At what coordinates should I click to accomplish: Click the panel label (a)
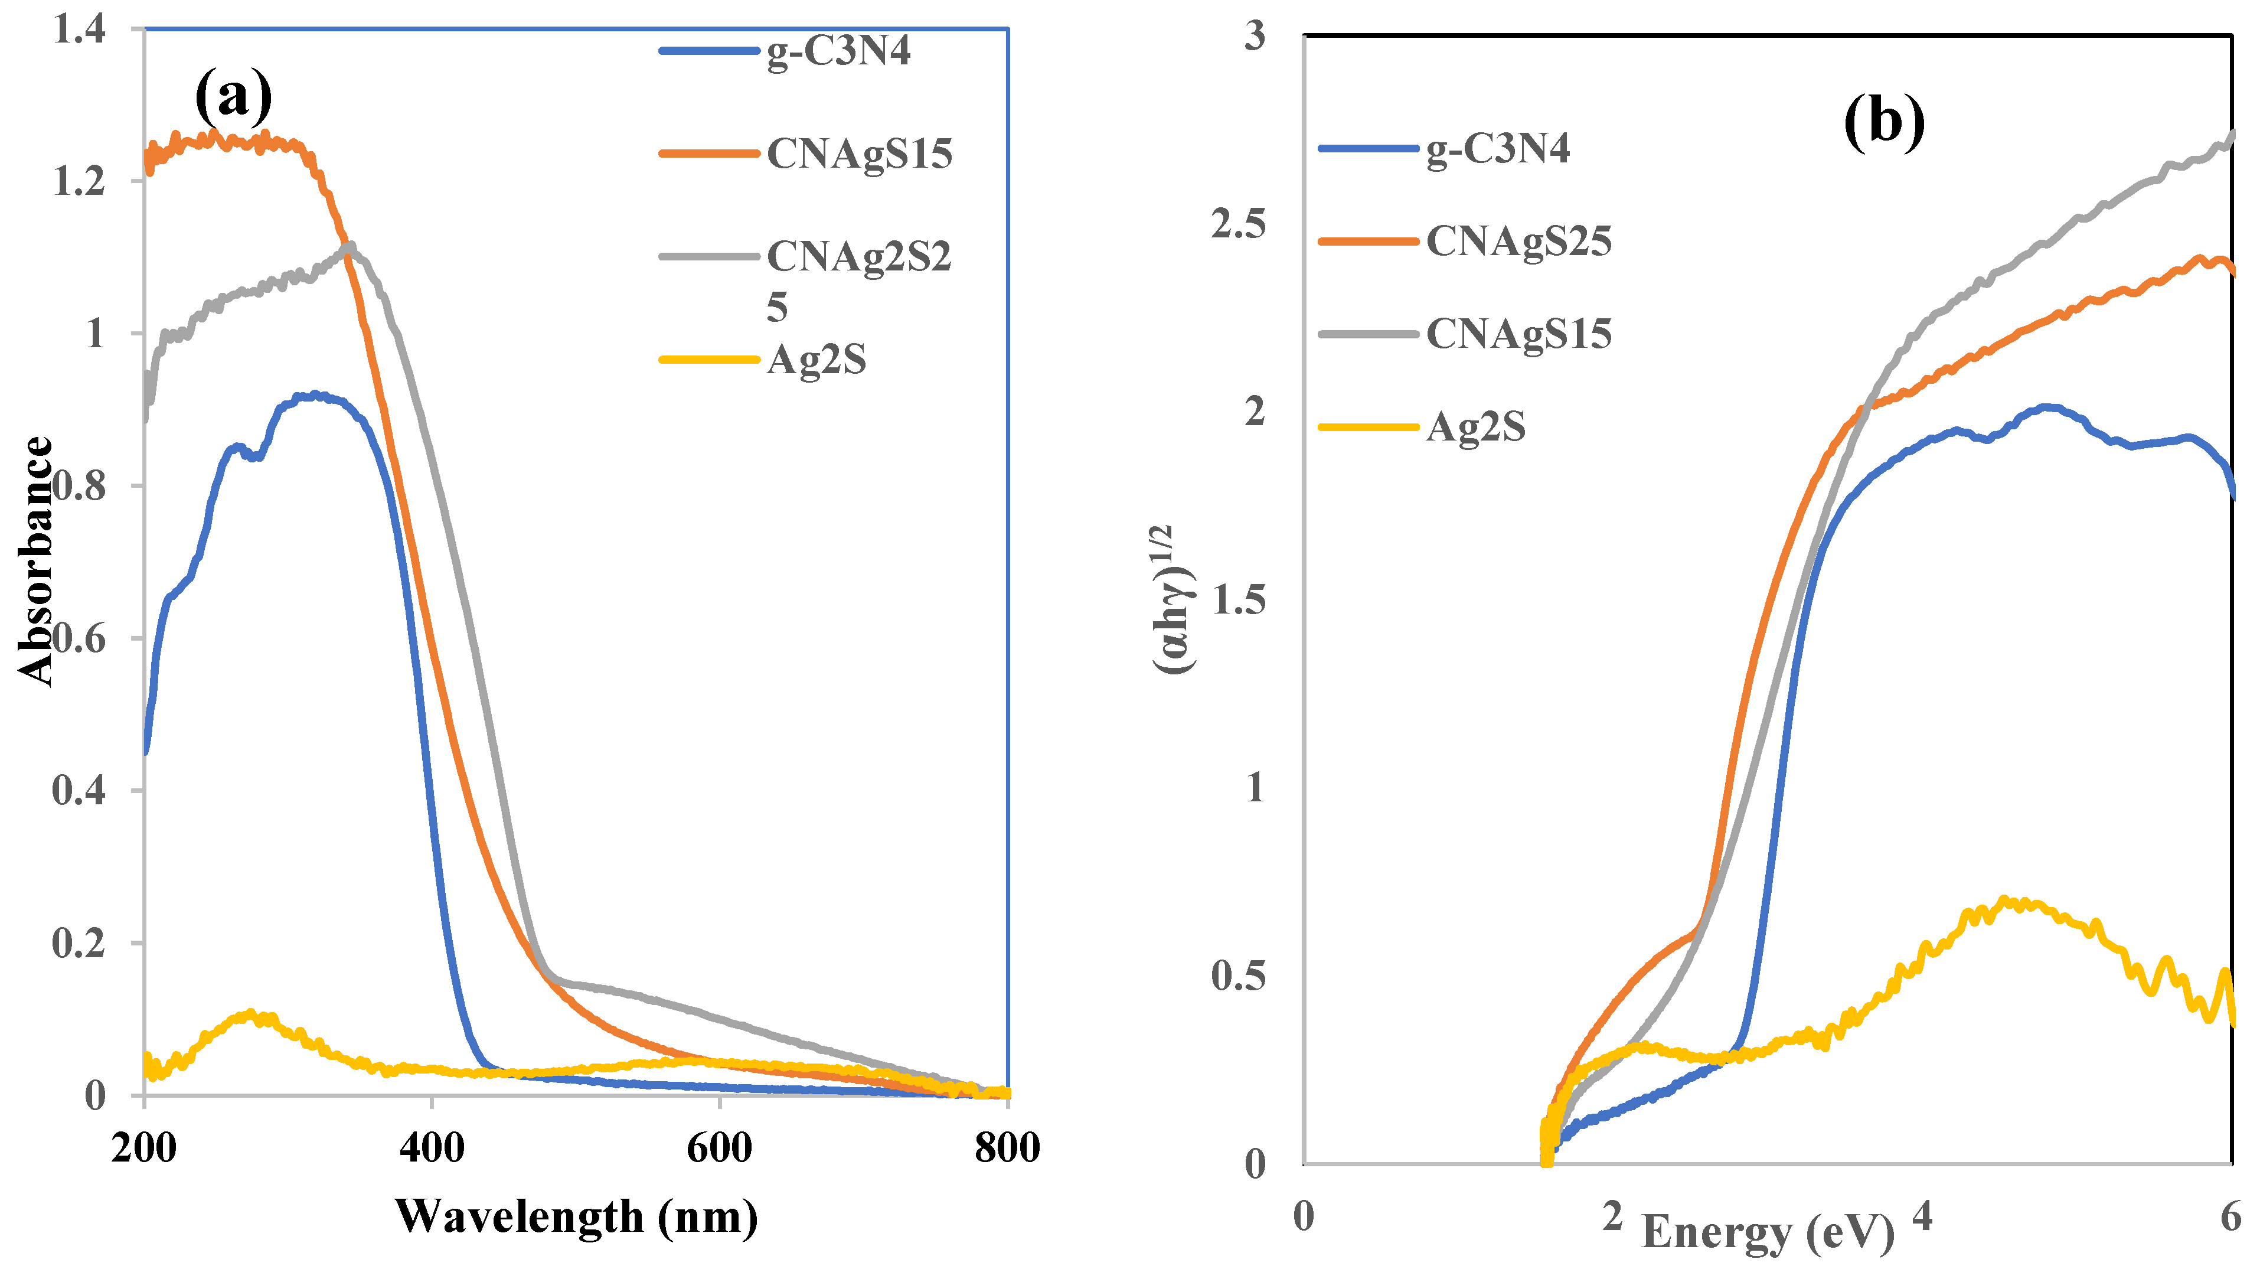(233, 96)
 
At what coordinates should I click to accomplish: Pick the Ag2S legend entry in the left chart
(816, 360)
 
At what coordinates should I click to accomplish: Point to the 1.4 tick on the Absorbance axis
(79, 30)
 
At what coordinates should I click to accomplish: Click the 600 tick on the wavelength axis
(720, 1148)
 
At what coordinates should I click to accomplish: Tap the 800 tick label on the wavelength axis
(1007, 1148)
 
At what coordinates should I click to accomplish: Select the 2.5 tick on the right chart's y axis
(1238, 224)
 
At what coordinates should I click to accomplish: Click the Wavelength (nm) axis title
(576, 1217)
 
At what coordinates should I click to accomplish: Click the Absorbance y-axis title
(35, 562)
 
